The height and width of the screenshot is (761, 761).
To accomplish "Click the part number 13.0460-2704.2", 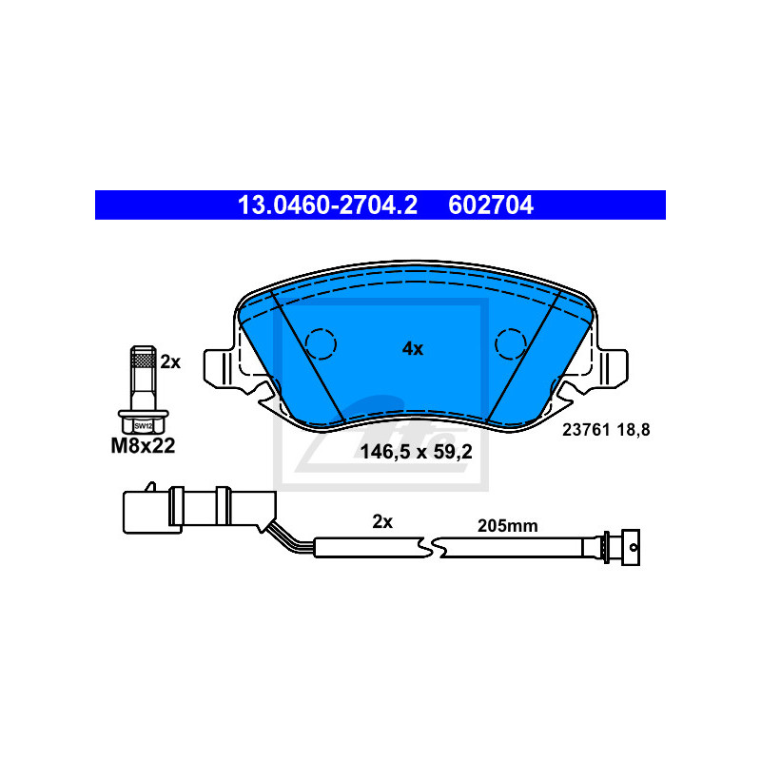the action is tap(327, 205).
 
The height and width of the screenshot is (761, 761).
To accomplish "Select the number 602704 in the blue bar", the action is tap(491, 205).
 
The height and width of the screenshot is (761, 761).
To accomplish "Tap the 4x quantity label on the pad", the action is tap(413, 348).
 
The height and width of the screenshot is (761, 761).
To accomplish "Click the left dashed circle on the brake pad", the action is tap(321, 344).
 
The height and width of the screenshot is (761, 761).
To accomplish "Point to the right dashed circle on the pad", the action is tap(511, 344).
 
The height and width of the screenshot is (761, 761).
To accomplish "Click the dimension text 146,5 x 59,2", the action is tap(416, 452).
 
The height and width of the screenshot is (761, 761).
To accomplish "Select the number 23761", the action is tap(586, 430).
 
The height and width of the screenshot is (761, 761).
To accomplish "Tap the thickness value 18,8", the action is tap(634, 430).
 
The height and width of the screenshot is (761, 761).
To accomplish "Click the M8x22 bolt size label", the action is tap(144, 445).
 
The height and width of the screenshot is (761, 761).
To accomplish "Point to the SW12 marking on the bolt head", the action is tap(144, 426).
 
